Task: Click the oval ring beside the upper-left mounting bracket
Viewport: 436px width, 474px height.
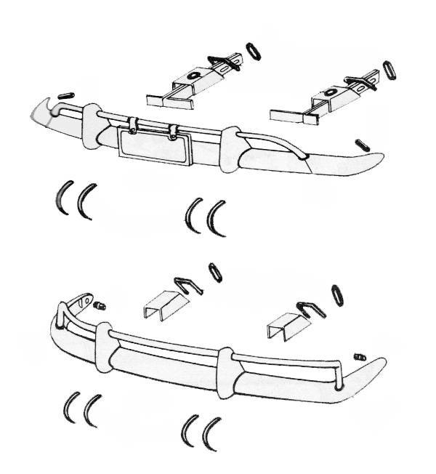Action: pos(254,51)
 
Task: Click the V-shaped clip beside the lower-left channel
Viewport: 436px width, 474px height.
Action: pos(187,285)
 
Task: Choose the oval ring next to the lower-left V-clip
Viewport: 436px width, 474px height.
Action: pos(215,273)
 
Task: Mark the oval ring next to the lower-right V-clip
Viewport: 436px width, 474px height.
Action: pos(338,295)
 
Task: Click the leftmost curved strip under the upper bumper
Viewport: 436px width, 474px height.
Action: pos(63,197)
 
